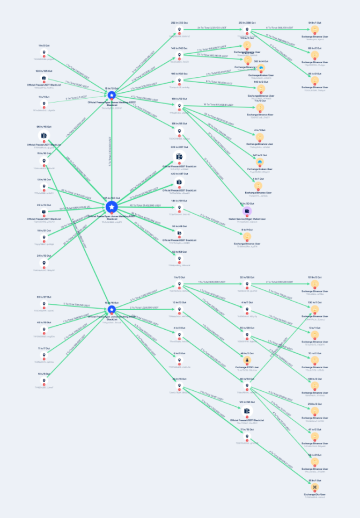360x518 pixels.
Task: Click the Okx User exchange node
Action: coord(315,486)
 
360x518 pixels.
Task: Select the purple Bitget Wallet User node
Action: coord(247,211)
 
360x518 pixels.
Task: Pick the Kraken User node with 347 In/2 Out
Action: coord(260,162)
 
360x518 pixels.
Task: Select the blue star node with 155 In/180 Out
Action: coord(112,207)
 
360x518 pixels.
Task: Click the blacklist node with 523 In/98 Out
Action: coord(247,411)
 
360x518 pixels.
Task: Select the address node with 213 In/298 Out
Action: coord(247,30)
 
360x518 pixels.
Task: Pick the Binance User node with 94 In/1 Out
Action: coord(315,30)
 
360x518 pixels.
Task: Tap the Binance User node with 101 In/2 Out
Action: coord(315,284)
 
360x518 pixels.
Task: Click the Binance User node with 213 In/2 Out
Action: coord(315,411)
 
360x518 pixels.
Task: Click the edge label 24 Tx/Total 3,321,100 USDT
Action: coord(213,28)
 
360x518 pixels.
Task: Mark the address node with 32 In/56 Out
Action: coord(247,284)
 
